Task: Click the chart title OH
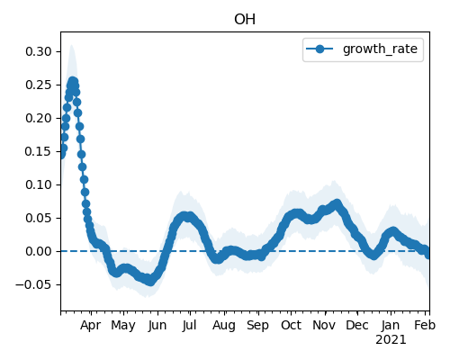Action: click(x=245, y=20)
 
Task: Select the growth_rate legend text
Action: click(x=380, y=49)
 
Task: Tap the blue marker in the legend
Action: click(x=319, y=49)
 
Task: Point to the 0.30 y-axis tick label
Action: click(x=39, y=51)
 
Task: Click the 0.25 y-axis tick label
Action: click(x=39, y=85)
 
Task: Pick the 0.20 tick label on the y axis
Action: click(x=39, y=118)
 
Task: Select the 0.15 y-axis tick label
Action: click(x=39, y=151)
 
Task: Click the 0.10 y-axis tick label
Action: click(x=39, y=184)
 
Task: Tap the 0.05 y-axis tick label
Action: click(x=39, y=218)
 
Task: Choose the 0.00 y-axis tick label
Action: click(x=39, y=251)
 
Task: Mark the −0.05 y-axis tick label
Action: click(x=34, y=284)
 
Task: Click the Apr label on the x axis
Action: click(x=91, y=326)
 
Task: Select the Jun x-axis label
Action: click(x=157, y=326)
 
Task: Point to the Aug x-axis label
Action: click(x=224, y=326)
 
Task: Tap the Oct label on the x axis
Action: click(x=291, y=325)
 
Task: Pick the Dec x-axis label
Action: click(x=357, y=325)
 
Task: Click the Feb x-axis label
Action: click(x=425, y=325)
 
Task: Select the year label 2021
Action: click(x=391, y=340)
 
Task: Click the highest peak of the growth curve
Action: click(x=73, y=81)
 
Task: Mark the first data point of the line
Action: click(x=61, y=155)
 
